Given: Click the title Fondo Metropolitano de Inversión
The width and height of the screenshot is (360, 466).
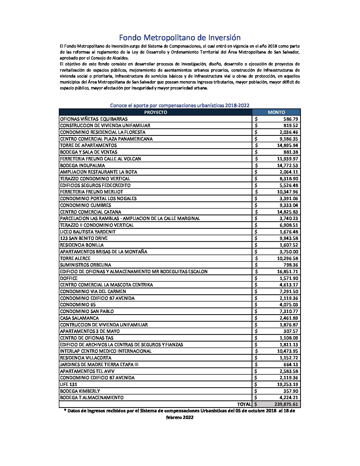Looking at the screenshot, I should coord(180,38).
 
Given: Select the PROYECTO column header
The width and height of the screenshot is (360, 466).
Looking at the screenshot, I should coord(155,112).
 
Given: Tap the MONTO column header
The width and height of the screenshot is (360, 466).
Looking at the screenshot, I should coord(276,112).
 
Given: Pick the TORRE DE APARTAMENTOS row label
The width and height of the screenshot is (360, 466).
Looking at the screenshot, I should coord(88,145).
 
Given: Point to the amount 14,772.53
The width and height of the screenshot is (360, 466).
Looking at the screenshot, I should coord(287,165).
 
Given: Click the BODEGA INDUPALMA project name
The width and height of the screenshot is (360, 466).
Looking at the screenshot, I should coord(82,165).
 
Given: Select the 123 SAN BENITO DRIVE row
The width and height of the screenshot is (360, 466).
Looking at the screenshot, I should coord(84,238).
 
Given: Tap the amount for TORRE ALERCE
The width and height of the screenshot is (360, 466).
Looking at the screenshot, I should coord(287,258).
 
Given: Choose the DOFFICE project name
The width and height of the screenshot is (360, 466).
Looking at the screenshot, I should coord(69,278).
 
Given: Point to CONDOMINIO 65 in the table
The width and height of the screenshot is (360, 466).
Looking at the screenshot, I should coord(78,305).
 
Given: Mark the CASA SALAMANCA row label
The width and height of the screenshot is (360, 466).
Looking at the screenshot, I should coord(79,318).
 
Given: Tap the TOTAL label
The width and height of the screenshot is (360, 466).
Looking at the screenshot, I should coord(244,404).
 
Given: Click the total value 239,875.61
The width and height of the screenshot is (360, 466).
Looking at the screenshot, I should coord(286,404).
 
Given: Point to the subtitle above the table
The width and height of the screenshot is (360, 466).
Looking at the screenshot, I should coord(180,105).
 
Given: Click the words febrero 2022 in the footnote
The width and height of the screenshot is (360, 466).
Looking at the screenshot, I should coord(180,417).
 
